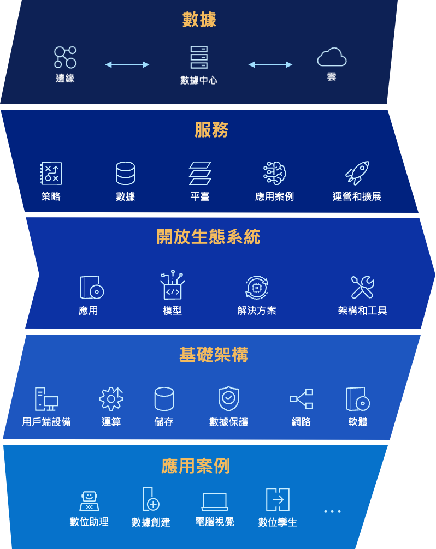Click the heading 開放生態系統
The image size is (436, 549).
[208, 237]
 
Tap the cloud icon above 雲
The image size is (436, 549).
[332, 57]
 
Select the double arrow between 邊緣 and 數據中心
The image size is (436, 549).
[127, 64]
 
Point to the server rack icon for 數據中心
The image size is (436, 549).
[199, 57]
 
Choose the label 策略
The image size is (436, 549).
[51, 196]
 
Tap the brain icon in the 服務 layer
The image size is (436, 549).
[274, 173]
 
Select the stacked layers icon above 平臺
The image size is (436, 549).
[200, 173]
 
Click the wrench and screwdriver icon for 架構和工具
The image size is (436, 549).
[363, 287]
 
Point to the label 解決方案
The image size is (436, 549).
[257, 311]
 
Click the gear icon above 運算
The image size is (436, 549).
[111, 399]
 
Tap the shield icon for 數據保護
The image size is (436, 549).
[228, 398]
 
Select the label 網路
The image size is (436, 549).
[301, 422]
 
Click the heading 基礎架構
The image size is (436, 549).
[214, 355]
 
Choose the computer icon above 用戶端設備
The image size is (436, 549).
[46, 399]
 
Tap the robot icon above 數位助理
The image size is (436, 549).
[89, 500]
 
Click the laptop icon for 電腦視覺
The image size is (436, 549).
[215, 501]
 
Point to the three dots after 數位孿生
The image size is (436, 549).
[332, 512]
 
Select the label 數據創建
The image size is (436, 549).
[151, 522]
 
